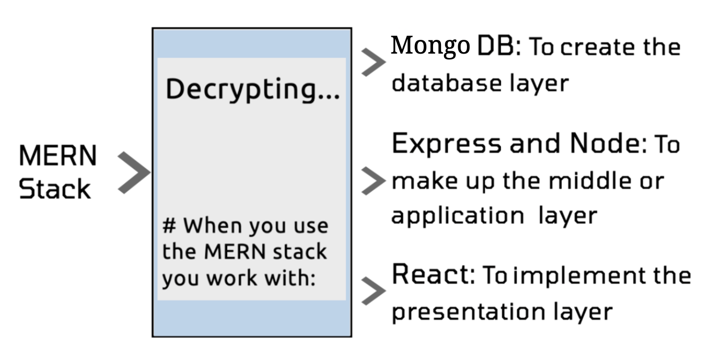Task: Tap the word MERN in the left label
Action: coord(58,156)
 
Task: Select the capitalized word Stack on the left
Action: coord(55,189)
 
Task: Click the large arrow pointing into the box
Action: coord(133,173)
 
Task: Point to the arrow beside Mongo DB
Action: coord(373,63)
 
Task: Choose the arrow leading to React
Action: coord(373,291)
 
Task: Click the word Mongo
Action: coord(430,46)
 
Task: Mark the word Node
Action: coord(604,144)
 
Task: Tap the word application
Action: coord(457,216)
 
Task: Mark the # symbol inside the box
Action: coord(170,226)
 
